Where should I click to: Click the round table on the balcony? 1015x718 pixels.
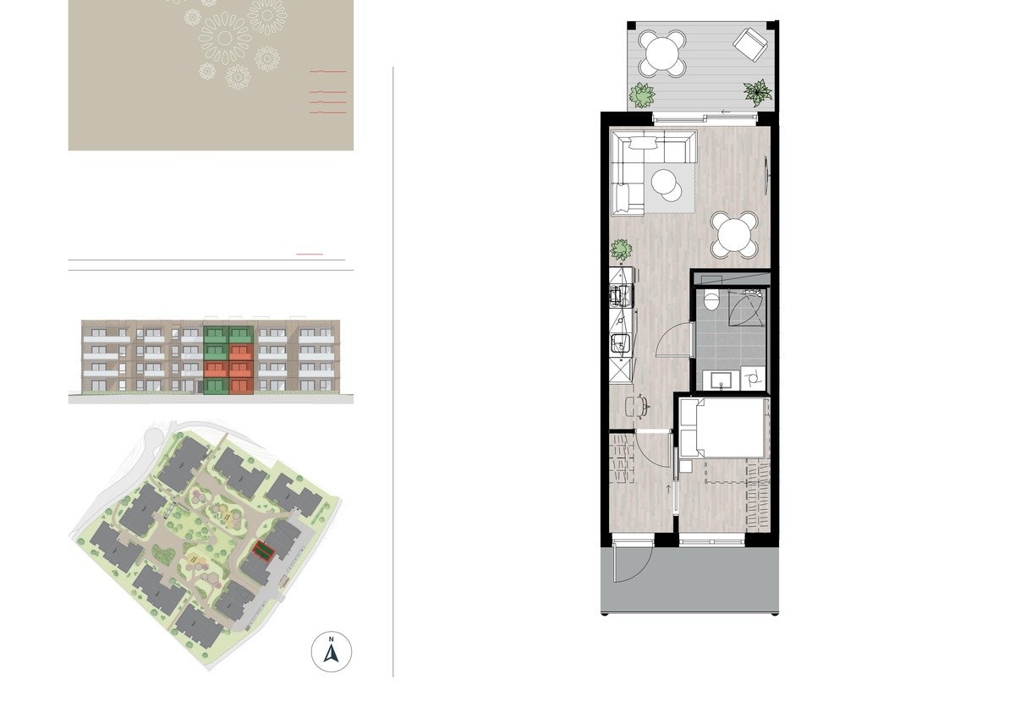pos(661,52)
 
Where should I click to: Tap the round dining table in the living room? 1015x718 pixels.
pos(734,234)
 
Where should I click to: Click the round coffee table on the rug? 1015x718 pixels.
pos(667,184)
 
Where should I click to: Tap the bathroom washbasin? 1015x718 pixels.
pos(721,379)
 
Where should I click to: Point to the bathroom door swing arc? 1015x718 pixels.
pos(674,343)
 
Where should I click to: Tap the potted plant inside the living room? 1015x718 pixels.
pos(622,249)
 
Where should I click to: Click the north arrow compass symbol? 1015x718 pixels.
pos(332,651)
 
